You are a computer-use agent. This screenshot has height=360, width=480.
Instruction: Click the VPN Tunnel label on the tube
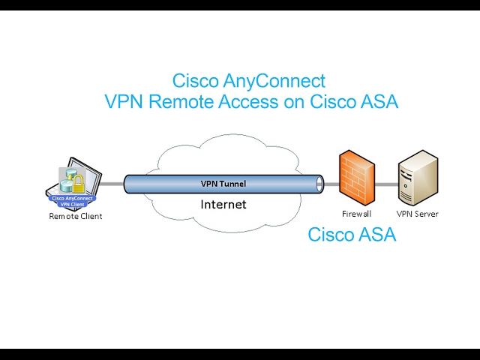click(x=223, y=184)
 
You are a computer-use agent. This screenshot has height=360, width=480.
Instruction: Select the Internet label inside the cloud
click(x=223, y=204)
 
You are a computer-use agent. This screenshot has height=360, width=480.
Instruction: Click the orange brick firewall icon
click(x=355, y=178)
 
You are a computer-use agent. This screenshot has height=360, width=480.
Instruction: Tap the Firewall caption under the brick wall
click(x=356, y=214)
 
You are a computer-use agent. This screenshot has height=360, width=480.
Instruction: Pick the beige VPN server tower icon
click(x=417, y=178)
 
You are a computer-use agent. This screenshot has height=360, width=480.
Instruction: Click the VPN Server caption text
click(x=417, y=214)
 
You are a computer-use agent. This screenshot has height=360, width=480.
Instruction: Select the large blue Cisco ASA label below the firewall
click(x=352, y=235)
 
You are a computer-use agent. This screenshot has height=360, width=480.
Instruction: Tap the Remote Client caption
click(x=75, y=217)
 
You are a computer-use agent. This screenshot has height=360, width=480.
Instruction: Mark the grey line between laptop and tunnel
click(x=112, y=184)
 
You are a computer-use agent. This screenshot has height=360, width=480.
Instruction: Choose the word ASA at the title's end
click(x=379, y=102)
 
